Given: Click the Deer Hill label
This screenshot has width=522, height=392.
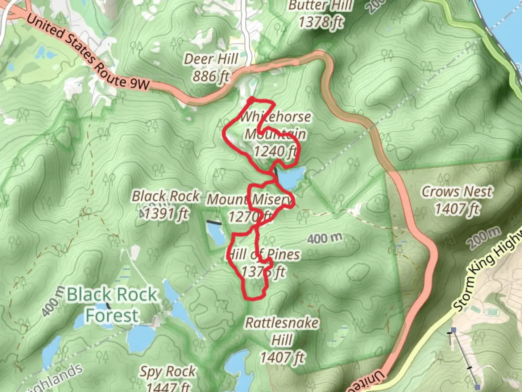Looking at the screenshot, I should click(211, 59).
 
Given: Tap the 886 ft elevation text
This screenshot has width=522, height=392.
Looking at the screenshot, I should click(211, 76).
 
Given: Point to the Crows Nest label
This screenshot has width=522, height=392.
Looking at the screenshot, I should click(457, 191).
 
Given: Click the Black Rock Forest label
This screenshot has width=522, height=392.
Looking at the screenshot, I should click(112, 304).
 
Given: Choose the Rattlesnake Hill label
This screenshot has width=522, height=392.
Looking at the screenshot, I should click(282, 331).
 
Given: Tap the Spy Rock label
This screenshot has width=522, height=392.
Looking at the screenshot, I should click(168, 371).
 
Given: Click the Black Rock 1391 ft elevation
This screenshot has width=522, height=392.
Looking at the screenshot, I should click(166, 214).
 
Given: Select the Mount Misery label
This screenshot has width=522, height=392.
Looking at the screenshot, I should click(250, 199).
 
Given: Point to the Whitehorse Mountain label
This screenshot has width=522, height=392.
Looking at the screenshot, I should click(275, 125).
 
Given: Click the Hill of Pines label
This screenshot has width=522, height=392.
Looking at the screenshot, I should click(264, 254).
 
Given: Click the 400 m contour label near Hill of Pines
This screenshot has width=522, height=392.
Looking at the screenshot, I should click(324, 238).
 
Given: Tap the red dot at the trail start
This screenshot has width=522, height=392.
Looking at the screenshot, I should click(251, 99).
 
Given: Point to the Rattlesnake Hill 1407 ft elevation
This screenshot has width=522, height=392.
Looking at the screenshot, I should click(282, 358).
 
